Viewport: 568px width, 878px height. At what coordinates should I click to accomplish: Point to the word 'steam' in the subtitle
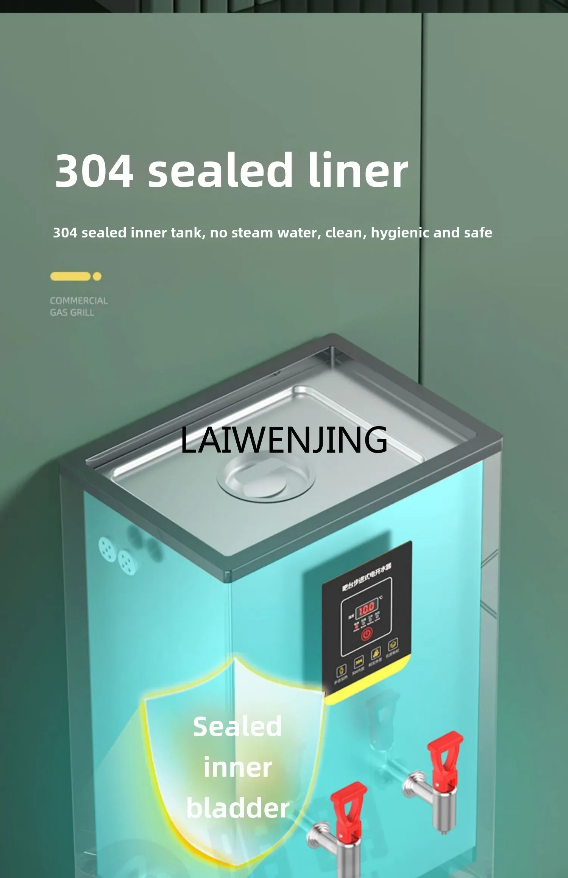click(x=252, y=233)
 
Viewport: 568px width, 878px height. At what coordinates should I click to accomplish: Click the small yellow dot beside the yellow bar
click(x=97, y=276)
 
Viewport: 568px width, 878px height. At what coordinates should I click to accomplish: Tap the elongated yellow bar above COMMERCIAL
click(x=70, y=276)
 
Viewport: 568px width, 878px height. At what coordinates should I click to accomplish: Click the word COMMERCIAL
click(x=79, y=301)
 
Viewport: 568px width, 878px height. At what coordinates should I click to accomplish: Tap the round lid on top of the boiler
click(x=265, y=478)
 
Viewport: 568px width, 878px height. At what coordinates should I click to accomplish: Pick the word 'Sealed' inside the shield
click(x=237, y=727)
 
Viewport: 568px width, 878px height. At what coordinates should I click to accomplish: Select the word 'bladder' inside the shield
click(x=238, y=808)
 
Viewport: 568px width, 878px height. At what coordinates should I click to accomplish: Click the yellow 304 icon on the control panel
click(x=358, y=662)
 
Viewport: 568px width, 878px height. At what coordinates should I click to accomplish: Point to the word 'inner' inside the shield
click(x=238, y=768)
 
